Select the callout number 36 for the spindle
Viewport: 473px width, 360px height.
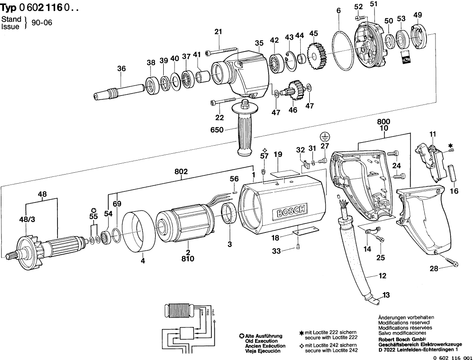tap(121, 69)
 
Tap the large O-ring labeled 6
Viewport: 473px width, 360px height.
tap(345, 50)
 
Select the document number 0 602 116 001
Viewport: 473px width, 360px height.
tap(452, 357)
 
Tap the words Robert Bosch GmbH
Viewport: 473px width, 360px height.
tap(402, 339)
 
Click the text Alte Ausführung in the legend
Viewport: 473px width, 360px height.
tap(264, 336)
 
